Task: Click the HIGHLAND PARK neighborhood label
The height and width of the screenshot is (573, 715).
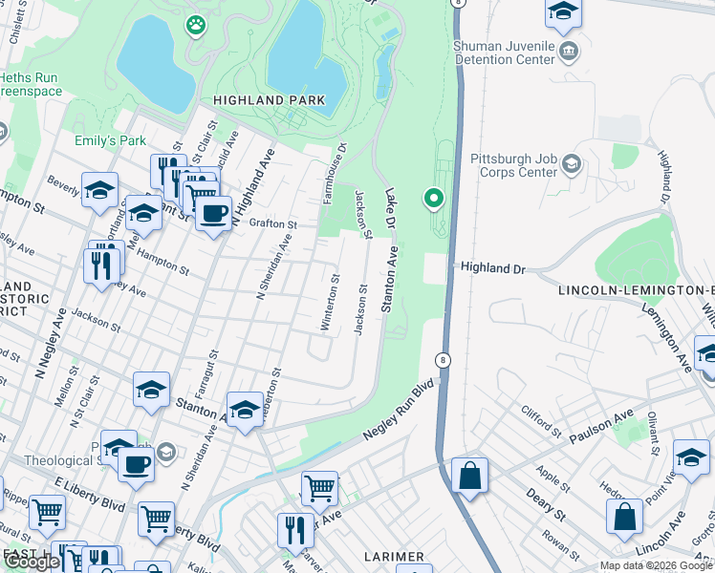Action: [269, 100]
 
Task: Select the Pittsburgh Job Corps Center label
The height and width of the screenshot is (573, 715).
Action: [513, 165]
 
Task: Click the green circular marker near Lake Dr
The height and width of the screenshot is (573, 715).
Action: [434, 199]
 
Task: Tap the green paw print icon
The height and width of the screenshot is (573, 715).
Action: [196, 25]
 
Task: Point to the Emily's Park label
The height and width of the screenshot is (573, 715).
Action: [110, 140]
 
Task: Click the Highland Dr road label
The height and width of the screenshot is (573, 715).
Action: [493, 269]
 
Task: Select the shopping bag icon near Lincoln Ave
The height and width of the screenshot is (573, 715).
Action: [624, 516]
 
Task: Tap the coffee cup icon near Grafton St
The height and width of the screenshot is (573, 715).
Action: [214, 212]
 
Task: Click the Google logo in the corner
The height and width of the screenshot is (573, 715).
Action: [32, 561]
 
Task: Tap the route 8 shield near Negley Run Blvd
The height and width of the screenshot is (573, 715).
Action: [443, 360]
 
